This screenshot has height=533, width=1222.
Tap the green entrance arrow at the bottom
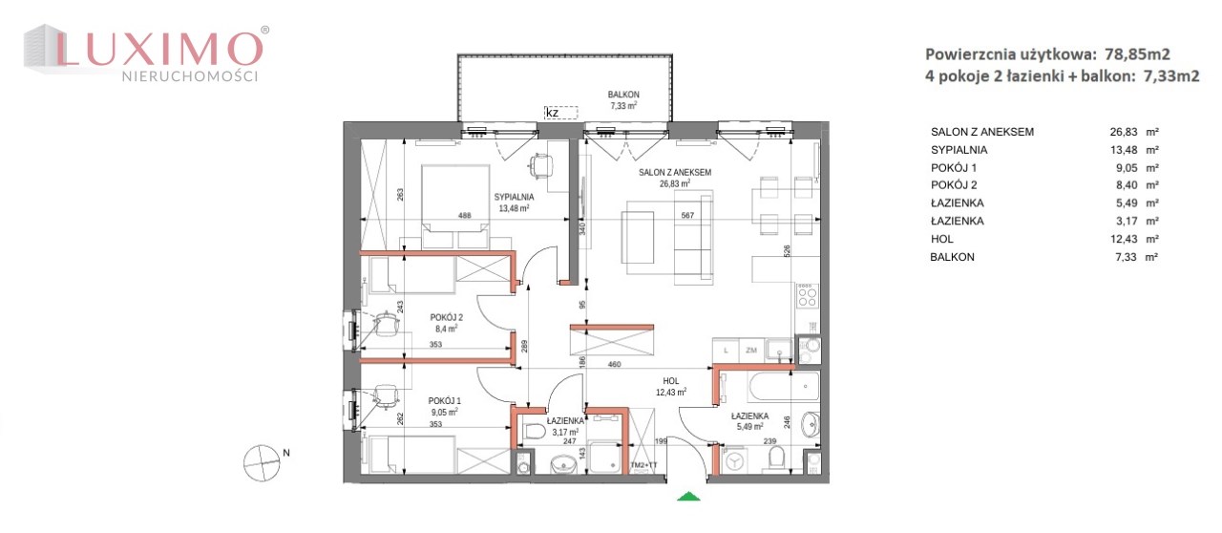pos(688,496)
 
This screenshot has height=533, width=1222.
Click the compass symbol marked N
pos(262,463)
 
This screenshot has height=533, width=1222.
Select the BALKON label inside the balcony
pos(623,95)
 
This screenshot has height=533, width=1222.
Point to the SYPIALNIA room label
pos(514,197)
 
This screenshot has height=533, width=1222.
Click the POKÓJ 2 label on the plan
pos(446,317)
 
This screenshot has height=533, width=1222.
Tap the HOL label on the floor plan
pos(671,381)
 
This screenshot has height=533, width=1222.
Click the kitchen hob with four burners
pos(808,296)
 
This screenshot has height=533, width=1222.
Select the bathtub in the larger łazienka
pos(784,387)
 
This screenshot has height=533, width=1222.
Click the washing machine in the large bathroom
pos(735,461)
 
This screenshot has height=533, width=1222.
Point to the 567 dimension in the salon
pos(687,216)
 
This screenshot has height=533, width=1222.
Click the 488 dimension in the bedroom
pos(464,216)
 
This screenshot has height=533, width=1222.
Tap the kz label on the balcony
pos(552,113)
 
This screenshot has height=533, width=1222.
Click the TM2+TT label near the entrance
pos(643,465)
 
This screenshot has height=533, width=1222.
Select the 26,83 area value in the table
pos(1124,132)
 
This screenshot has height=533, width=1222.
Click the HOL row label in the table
pos(942,239)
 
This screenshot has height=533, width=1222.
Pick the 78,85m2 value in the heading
pos(1137,54)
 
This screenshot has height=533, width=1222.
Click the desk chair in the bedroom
pos(541,165)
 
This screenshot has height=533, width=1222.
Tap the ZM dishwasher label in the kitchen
pos(751,350)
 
